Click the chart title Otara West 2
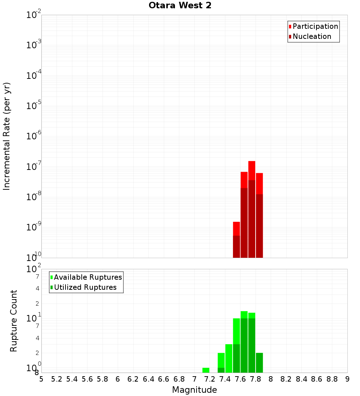pos(180,6)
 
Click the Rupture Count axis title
pos(14,321)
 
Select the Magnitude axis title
pos(194,390)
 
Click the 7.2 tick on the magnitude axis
pos(210,379)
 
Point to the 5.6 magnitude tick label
pos(87,379)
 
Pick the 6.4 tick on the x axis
pos(148,379)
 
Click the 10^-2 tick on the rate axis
pos(34,15)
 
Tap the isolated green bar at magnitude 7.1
pos(206,370)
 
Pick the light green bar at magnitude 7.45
pos(229,358)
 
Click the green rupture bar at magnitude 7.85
pos(259,363)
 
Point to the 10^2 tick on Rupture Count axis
pos(34,269)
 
